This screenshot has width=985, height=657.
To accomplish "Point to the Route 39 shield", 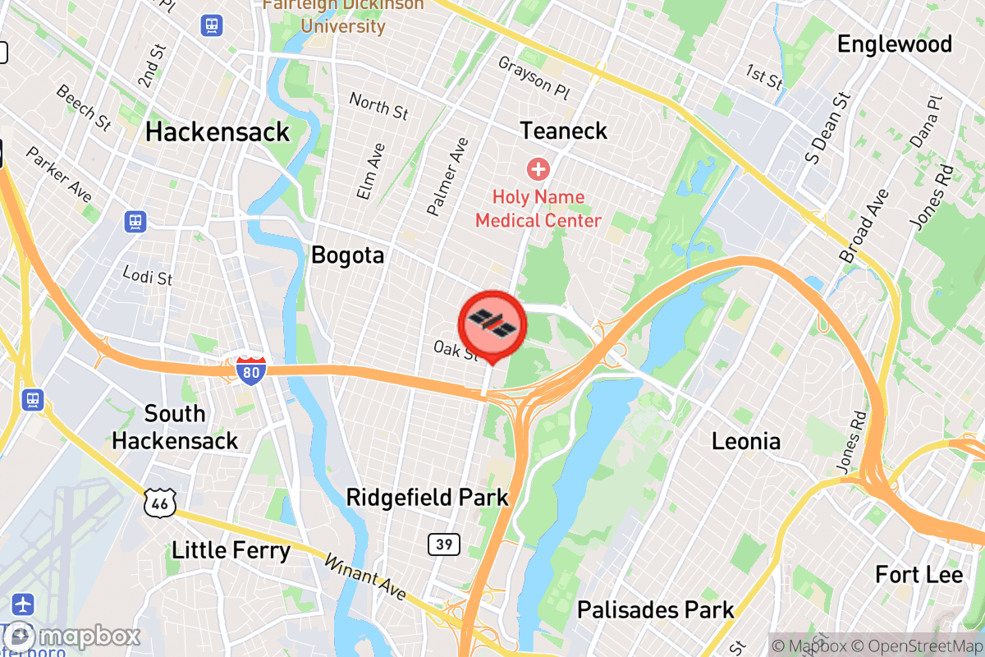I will (x=443, y=544).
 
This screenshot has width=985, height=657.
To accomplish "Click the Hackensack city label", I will (x=218, y=131).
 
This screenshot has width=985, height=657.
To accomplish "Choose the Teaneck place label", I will (x=564, y=130).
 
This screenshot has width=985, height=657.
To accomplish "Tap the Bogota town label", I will (x=347, y=255).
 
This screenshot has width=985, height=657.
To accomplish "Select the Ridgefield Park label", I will (x=427, y=497).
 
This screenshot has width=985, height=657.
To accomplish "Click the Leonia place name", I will (x=745, y=442).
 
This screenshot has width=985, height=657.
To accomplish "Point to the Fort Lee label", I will (x=919, y=574).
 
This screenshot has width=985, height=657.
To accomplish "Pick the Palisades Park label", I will (x=656, y=609).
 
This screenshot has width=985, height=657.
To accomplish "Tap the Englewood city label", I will (x=894, y=44).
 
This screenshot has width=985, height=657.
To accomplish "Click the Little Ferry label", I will (x=231, y=549).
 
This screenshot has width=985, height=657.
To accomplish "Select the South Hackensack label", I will (x=175, y=426).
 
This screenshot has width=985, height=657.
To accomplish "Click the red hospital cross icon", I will (x=538, y=170).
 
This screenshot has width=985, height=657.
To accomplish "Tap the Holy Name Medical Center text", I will (x=538, y=209).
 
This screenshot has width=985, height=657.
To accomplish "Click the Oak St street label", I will (x=456, y=351).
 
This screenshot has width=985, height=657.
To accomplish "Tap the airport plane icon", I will (x=24, y=604).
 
